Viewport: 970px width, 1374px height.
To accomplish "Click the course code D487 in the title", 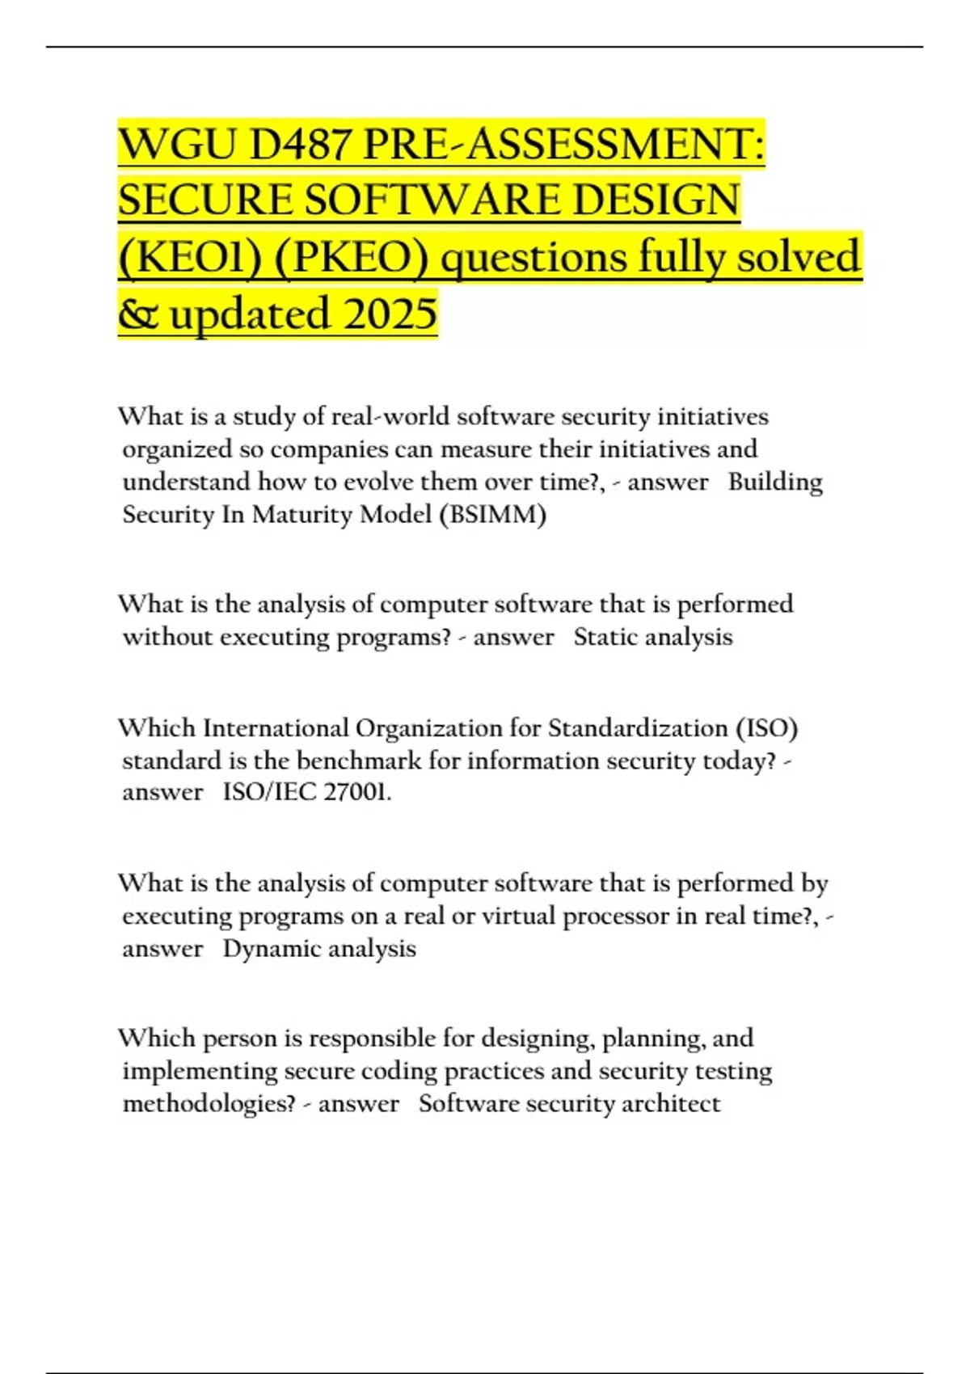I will coord(301,145).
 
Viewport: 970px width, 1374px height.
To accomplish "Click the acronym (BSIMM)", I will coord(492,515).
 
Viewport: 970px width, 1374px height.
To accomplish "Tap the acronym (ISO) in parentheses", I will coord(766,728).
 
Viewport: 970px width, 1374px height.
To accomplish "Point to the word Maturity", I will coord(302,515).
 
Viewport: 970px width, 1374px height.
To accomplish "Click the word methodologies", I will coord(209,1103).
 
